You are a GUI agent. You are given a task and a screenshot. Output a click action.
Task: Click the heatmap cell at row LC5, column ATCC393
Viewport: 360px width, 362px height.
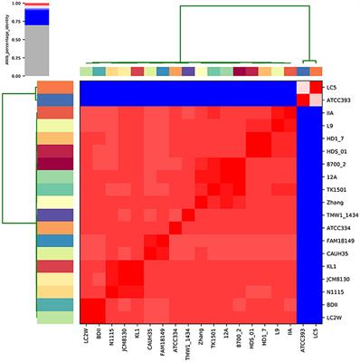[302, 86]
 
